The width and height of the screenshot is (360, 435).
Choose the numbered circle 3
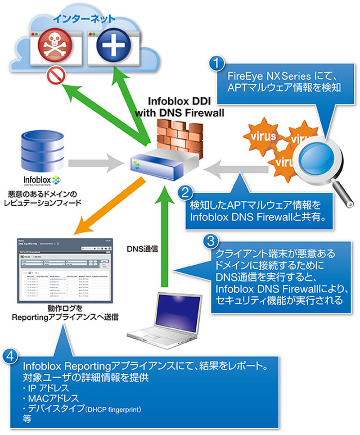pos(209,241)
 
